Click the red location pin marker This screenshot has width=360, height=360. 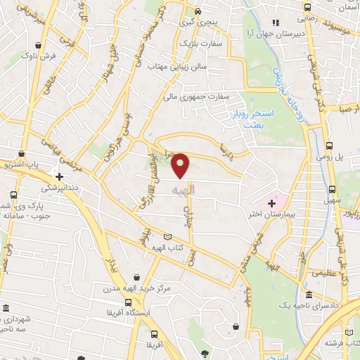coord(181,165)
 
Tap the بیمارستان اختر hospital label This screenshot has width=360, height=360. coord(271,212)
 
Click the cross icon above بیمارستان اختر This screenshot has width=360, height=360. coord(271,202)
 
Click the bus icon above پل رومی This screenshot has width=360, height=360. coord(330,146)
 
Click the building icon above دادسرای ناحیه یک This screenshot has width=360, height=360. coord(310,296)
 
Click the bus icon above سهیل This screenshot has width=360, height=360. coord(332,189)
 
